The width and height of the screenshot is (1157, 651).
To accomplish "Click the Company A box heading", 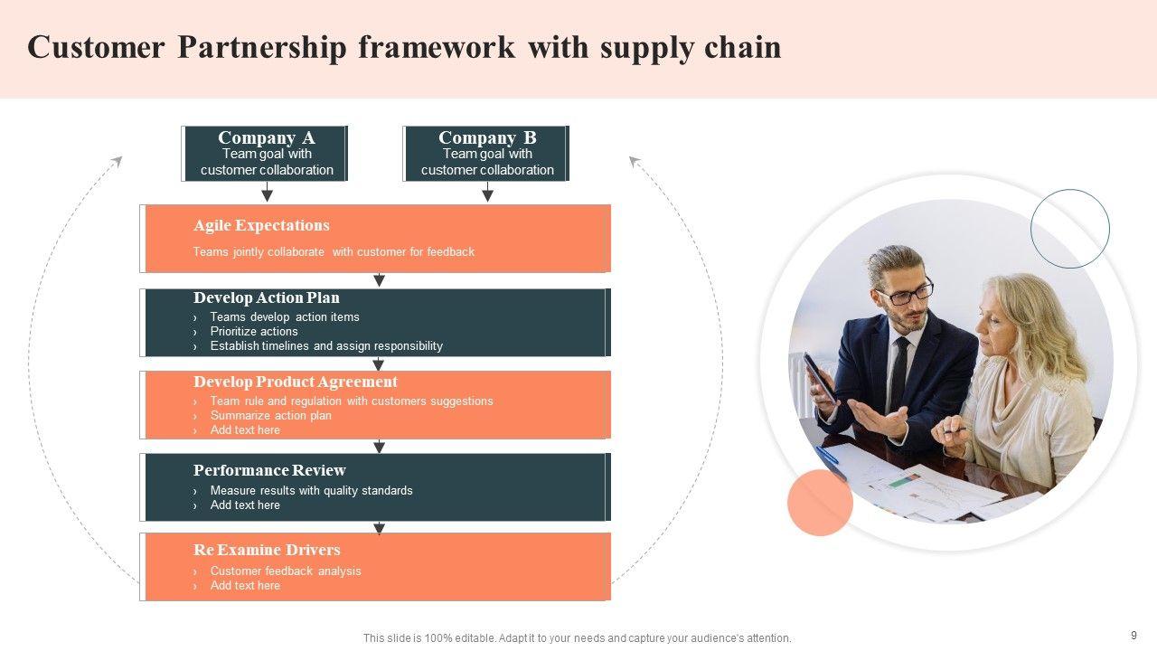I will coord(266,137).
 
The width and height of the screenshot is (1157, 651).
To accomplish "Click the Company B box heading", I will coord(487,137).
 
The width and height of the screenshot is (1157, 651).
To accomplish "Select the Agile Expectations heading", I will coord(261,225).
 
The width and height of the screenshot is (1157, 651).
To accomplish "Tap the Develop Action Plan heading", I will coord(266,297).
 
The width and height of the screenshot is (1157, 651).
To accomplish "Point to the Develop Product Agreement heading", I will coord(295,382).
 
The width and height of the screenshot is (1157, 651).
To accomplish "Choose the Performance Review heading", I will coord(269,470).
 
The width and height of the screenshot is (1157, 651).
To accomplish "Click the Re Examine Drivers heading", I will coord(267,550).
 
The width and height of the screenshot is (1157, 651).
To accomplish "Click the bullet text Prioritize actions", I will coord(254,332).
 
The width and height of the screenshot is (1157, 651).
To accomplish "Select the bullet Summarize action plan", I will coord(270,416).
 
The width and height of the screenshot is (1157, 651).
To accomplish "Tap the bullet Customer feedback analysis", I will coord(286,571).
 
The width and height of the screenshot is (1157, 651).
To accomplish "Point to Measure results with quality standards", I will coord(311,491).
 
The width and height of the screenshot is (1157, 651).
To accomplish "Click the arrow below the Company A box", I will coord(267,193).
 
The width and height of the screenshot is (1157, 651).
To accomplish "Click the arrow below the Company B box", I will coord(487,193).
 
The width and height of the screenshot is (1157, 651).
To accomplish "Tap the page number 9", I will coord(1133,636).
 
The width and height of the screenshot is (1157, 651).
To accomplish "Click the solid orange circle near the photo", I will coord(820,503).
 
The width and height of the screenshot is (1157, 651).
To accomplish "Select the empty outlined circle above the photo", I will coord(1069,229).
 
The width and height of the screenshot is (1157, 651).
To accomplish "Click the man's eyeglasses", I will coord(905,293).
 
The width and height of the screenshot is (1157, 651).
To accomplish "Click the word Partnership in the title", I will coord(261,48).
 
